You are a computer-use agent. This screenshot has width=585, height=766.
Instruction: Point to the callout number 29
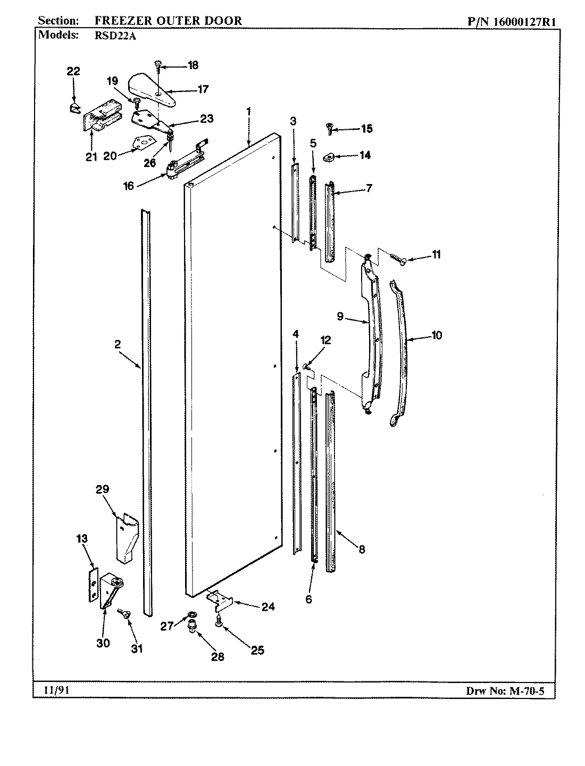pyautogui.click(x=102, y=489)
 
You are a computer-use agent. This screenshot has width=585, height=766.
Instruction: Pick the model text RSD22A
pyautogui.click(x=108, y=35)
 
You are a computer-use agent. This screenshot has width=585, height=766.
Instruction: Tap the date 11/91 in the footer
pyautogui.click(x=53, y=690)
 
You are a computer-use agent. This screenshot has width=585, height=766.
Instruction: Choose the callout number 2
pyautogui.click(x=117, y=345)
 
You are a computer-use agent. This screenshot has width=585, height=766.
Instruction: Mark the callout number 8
pyautogui.click(x=362, y=550)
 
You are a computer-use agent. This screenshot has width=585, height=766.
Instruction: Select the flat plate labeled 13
pyautogui.click(x=93, y=585)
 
